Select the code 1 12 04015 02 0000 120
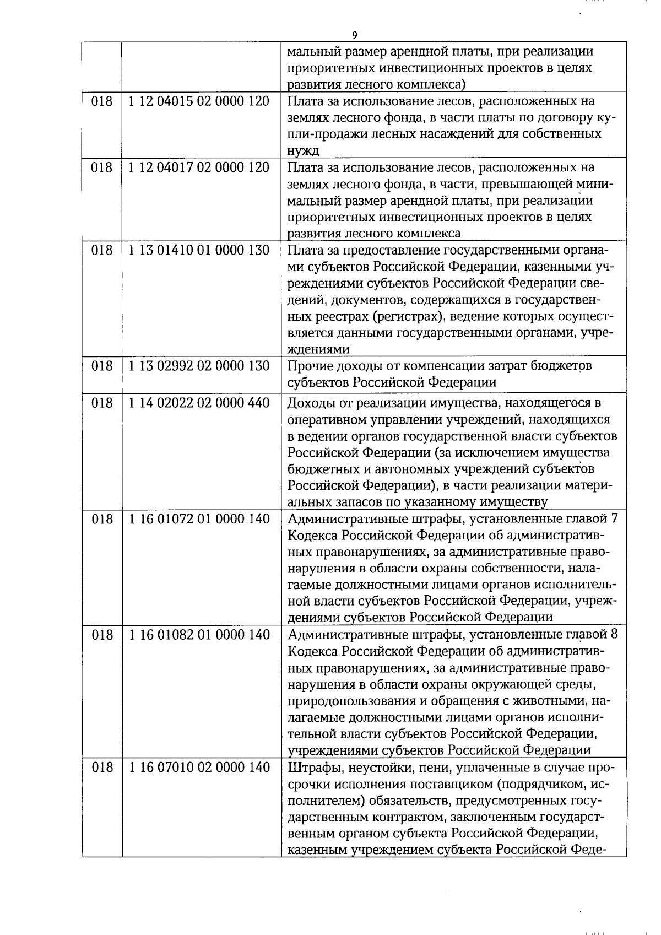click(x=199, y=101)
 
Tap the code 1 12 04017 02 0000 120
click(x=199, y=167)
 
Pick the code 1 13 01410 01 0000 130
click(x=199, y=250)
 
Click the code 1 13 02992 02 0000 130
click(x=199, y=366)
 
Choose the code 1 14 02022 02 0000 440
click(x=199, y=403)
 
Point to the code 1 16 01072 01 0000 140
click(x=199, y=519)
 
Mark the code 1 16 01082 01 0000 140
click(x=199, y=635)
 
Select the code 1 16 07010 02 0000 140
click(x=199, y=767)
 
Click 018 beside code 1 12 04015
click(x=101, y=101)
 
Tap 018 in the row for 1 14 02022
click(x=101, y=403)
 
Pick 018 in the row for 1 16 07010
click(x=101, y=767)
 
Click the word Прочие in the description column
click(x=309, y=366)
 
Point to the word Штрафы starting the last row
click(x=311, y=768)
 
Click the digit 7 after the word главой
click(x=614, y=519)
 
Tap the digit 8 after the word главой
click(x=614, y=635)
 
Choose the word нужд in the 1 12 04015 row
click(x=303, y=150)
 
